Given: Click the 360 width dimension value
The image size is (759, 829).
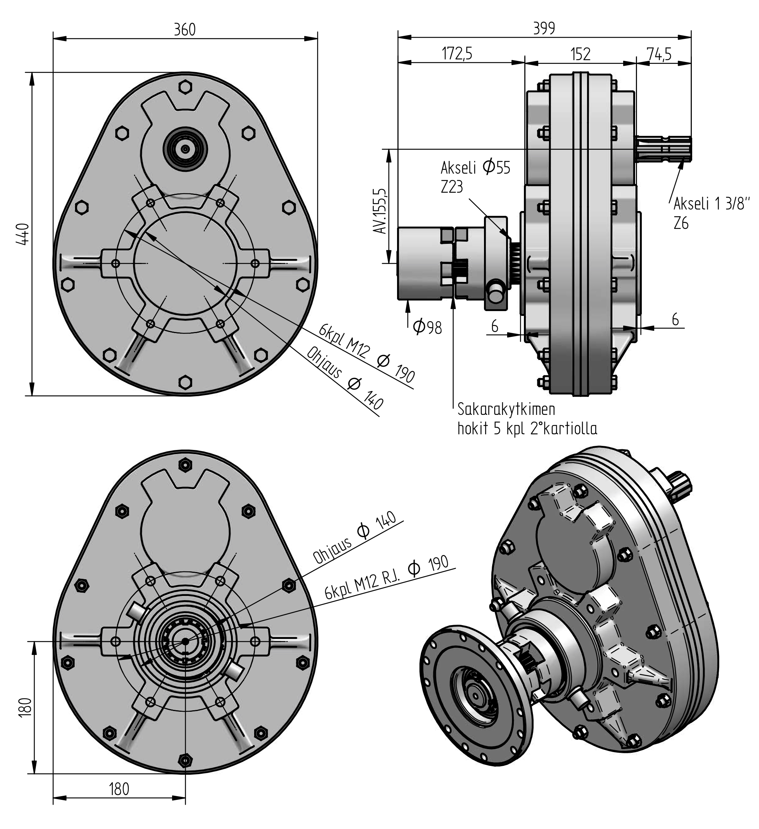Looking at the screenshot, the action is tap(185, 30).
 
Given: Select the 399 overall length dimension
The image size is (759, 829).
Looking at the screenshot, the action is tap(544, 28).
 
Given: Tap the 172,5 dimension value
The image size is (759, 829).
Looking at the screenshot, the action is tap(457, 53).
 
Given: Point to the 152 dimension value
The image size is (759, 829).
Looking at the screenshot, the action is tap(581, 54).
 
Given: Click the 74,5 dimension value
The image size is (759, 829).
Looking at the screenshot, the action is tap(659, 54).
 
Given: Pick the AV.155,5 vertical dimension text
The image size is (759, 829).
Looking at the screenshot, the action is tap(379, 211).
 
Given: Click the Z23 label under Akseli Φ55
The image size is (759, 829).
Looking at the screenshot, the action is tap(452, 187).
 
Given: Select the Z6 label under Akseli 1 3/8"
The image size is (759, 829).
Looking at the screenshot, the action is tap(681, 223).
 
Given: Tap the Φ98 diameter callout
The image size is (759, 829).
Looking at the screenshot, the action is tap(427, 327).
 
